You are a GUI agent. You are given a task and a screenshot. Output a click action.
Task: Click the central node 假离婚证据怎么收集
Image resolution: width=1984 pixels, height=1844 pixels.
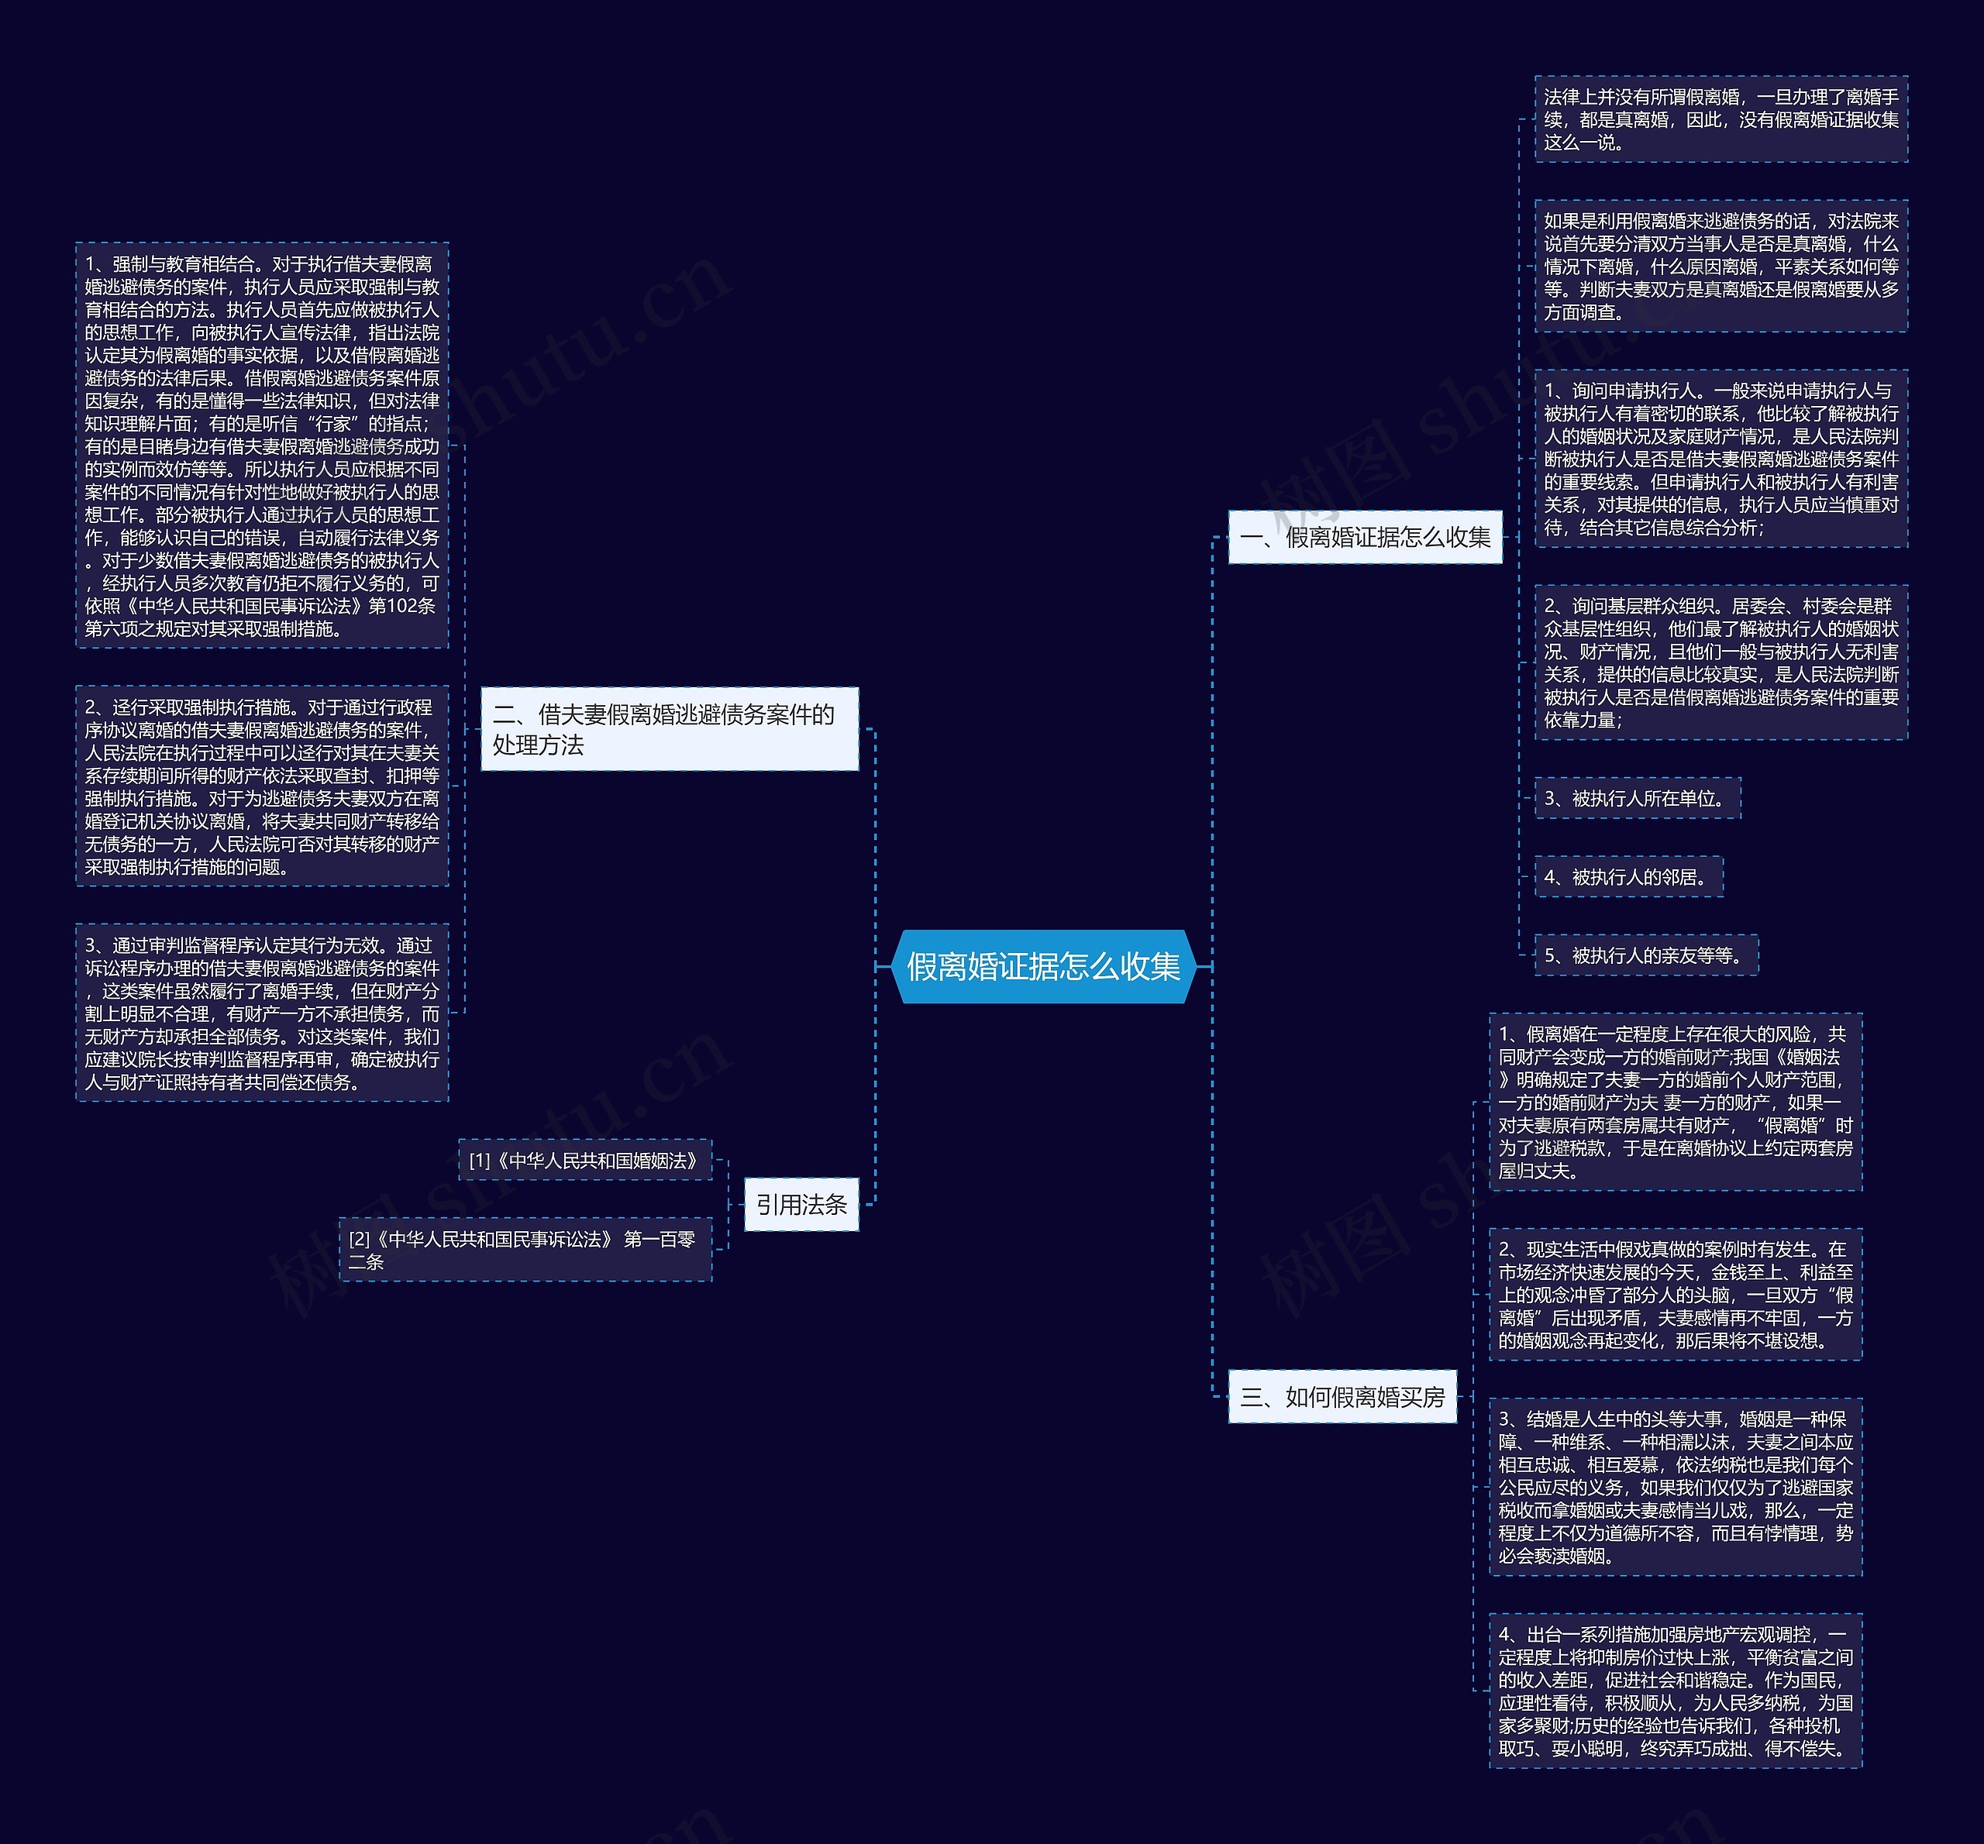coord(1043,966)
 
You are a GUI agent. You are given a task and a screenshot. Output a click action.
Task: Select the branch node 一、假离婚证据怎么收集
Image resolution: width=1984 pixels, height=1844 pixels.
coord(1364,537)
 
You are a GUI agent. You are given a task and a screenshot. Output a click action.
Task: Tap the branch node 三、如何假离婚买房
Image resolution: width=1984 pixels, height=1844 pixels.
coord(1342,1396)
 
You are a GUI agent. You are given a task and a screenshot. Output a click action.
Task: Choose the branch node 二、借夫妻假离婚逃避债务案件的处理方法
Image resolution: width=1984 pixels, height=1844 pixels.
coord(669,728)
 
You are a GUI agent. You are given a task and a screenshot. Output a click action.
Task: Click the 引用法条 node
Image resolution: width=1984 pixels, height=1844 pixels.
coord(801,1204)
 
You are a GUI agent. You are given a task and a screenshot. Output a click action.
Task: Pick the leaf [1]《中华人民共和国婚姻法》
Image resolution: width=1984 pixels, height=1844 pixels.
coord(584,1160)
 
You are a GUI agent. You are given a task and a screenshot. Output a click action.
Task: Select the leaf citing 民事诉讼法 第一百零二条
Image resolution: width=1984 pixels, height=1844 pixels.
coord(525,1249)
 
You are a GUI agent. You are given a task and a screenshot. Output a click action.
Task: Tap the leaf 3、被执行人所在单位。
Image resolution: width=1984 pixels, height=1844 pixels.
coord(1637,798)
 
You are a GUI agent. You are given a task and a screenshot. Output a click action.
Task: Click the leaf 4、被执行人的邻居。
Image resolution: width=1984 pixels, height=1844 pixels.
coord(1627,877)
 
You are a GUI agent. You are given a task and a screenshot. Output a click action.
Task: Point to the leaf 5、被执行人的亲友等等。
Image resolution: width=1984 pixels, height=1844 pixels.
coord(1645,955)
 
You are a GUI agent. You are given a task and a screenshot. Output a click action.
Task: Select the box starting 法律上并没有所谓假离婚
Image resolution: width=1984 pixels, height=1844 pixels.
coord(1720,119)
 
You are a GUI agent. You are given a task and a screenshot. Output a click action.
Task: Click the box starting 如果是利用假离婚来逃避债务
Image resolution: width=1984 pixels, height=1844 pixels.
coord(1720,266)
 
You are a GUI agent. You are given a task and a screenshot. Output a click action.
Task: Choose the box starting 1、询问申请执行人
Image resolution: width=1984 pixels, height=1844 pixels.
coord(1720,459)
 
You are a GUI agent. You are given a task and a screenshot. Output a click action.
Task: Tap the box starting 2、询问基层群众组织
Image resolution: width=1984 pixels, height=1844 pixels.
coord(1720,662)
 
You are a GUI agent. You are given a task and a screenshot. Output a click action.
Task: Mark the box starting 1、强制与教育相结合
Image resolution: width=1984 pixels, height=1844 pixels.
coord(261,445)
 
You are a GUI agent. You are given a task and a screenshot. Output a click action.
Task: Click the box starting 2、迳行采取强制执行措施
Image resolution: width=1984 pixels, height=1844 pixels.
coord(261,786)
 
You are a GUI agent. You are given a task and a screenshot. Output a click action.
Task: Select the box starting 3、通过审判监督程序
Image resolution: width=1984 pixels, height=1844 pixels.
coord(261,1013)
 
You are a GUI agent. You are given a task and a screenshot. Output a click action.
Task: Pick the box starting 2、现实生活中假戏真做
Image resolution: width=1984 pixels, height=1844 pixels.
coord(1675,1294)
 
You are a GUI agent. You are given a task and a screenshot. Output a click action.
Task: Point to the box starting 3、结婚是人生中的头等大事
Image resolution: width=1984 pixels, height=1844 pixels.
coord(1675,1487)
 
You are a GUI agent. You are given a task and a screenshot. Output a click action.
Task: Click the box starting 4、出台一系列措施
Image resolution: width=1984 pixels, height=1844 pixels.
coord(1675,1691)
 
